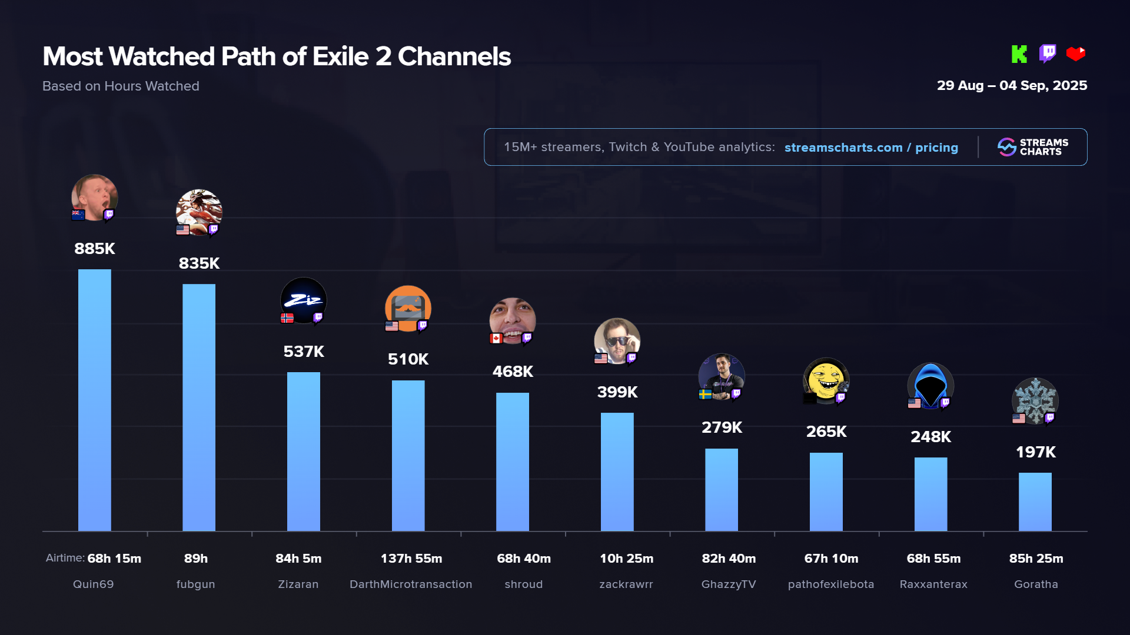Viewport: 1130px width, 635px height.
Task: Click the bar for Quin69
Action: click(x=94, y=400)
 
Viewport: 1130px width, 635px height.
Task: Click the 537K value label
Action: click(x=304, y=352)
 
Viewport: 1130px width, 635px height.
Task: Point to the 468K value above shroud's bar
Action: click(x=513, y=372)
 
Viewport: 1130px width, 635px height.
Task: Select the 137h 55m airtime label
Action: click(x=411, y=559)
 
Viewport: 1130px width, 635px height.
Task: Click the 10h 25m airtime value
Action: click(x=626, y=559)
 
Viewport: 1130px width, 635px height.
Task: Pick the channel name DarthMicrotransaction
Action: click(x=411, y=584)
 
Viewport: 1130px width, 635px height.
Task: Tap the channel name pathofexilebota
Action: click(x=830, y=584)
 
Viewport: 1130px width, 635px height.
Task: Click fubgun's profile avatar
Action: click(x=199, y=212)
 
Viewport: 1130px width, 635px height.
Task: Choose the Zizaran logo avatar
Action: click(x=303, y=300)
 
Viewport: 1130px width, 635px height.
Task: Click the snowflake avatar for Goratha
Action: click(x=1035, y=400)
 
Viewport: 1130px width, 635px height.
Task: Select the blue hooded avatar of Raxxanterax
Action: click(x=930, y=386)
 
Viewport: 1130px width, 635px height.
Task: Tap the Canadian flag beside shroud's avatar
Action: click(x=496, y=338)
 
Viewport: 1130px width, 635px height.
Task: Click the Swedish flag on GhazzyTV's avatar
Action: click(x=705, y=394)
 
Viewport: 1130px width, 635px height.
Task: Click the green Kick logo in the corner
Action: click(x=1019, y=54)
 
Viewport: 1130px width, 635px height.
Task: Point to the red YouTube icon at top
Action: click(x=1076, y=54)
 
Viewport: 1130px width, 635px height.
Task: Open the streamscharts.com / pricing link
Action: click(x=871, y=148)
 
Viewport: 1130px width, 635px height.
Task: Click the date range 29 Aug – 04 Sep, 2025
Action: click(x=1012, y=85)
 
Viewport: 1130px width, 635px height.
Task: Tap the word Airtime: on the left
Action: click(x=65, y=558)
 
